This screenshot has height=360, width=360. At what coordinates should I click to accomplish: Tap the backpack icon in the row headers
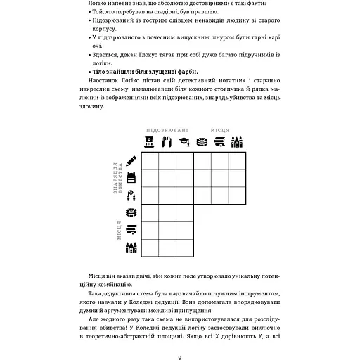tap(131, 177)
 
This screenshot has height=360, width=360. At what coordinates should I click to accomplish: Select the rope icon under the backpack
tap(131, 195)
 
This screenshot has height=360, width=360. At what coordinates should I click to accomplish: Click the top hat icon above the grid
tap(149, 141)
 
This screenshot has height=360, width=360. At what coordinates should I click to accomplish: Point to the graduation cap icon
tap(184, 141)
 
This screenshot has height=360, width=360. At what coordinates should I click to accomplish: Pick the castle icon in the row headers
tap(131, 247)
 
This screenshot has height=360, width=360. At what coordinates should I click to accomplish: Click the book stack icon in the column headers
tap(219, 141)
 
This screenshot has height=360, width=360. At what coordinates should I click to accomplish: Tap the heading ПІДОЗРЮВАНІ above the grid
tap(167, 130)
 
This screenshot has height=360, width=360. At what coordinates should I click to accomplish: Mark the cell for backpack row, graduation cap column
tap(185, 177)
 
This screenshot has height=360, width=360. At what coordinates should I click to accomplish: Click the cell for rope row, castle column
tap(238, 195)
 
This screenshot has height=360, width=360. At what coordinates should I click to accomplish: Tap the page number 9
tap(180, 338)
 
